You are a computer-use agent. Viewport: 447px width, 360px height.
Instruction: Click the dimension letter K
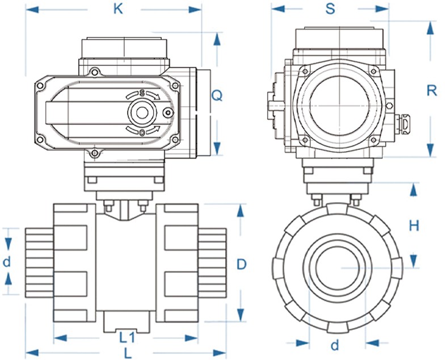[118, 9]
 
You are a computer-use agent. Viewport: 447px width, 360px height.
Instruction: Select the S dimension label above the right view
[330, 9]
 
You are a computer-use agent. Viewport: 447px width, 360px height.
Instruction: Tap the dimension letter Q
[216, 95]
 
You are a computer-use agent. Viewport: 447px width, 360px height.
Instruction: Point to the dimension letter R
[432, 90]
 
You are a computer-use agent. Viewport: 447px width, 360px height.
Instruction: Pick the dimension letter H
[414, 225]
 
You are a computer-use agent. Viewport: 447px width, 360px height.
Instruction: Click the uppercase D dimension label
[242, 264]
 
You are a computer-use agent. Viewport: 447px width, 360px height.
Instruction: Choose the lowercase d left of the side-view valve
[7, 262]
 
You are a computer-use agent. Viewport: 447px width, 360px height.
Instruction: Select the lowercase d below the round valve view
[335, 344]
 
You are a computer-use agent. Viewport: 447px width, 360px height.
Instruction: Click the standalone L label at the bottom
[128, 353]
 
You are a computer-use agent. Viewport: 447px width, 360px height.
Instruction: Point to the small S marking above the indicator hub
[142, 93]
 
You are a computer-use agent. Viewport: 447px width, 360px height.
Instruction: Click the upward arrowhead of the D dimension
[241, 211]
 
